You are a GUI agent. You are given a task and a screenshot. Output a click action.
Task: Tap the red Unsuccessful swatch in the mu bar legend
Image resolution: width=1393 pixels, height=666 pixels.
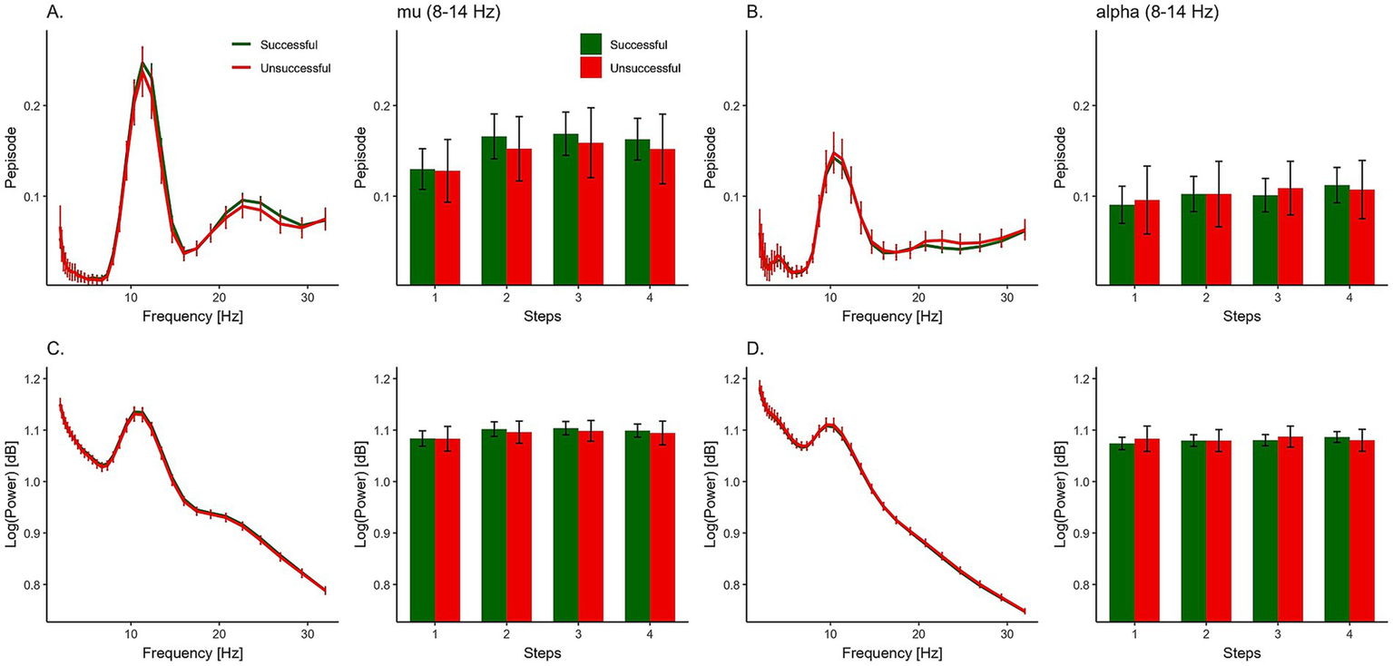(592, 67)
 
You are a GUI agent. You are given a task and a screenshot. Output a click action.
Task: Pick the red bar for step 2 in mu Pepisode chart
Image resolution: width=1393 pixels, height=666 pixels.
(518, 217)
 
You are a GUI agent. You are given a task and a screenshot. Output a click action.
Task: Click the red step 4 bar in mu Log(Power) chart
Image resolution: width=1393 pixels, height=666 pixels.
(662, 526)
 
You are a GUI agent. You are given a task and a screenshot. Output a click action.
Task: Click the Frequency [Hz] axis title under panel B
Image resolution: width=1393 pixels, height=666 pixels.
(889, 318)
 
